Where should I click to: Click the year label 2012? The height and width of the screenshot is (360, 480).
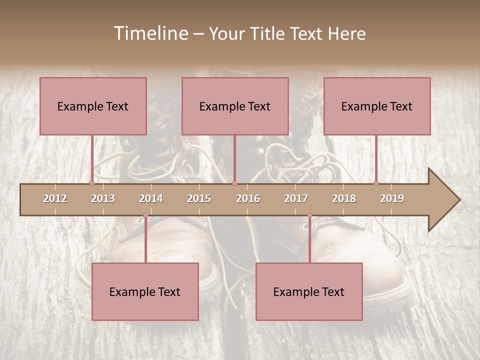(55, 198)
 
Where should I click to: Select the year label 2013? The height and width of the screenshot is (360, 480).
(103, 198)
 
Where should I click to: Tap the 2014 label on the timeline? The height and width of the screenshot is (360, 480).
(151, 198)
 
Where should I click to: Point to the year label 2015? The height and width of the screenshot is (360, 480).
(199, 198)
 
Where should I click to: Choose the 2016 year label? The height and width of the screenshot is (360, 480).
(248, 198)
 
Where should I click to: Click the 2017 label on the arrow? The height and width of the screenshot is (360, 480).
(296, 198)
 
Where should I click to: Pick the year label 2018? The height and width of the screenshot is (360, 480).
(344, 198)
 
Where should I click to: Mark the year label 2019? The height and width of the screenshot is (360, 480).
(392, 198)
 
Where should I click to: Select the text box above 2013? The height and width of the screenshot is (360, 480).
(93, 106)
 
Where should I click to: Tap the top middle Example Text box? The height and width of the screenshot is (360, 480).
(235, 106)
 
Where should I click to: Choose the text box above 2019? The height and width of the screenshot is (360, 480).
(377, 106)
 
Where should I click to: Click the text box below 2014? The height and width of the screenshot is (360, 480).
(145, 291)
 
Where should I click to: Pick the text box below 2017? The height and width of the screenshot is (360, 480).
(309, 291)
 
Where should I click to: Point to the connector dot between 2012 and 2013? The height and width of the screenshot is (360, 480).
(92, 183)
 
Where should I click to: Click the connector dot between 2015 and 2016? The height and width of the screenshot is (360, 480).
(234, 183)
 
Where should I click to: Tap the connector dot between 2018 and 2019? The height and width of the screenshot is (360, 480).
(376, 183)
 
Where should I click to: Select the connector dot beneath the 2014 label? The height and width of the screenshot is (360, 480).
(145, 215)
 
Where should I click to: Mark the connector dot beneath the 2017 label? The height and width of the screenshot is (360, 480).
(309, 215)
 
